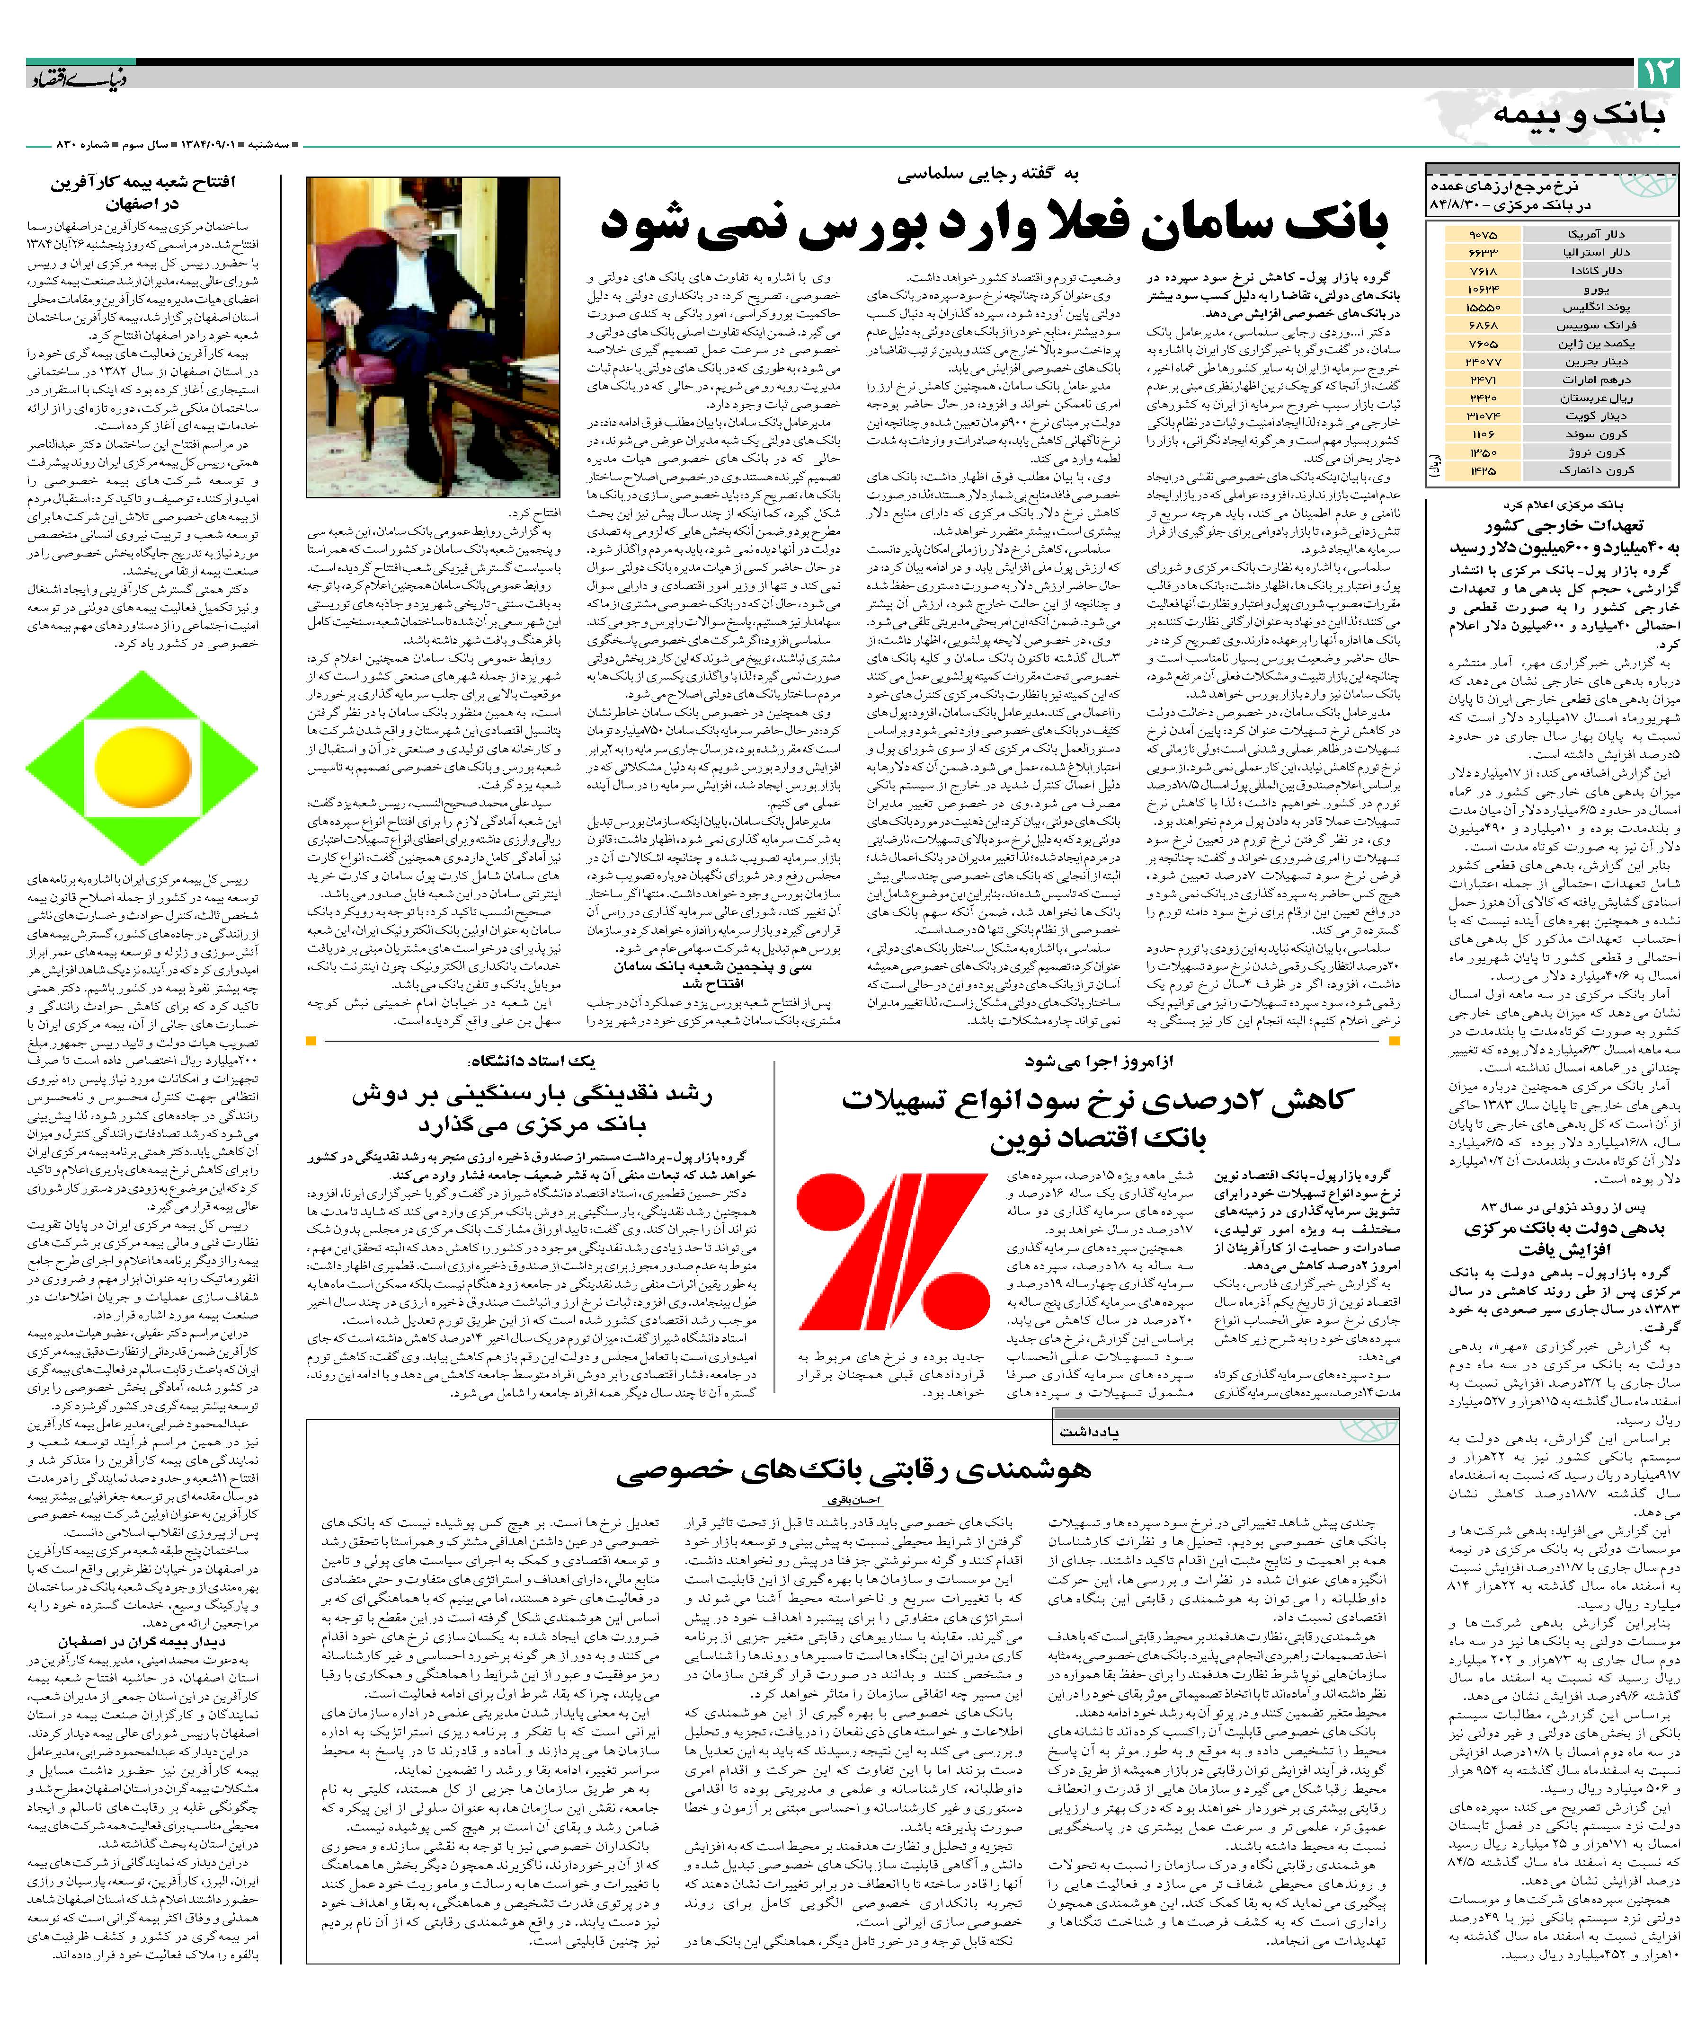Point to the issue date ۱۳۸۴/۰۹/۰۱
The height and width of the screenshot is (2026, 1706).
206,145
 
